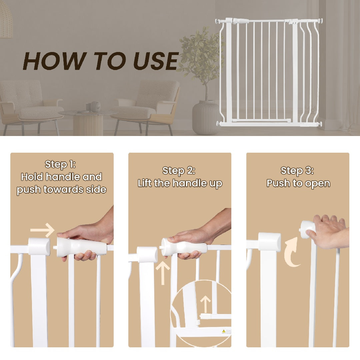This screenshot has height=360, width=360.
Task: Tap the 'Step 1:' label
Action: click(x=60, y=164)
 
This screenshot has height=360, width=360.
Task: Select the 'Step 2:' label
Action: click(x=179, y=171)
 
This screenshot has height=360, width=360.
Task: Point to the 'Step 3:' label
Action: click(x=297, y=171)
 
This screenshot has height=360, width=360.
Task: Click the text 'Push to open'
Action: click(x=298, y=183)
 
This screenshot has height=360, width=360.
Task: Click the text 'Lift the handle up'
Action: click(x=180, y=183)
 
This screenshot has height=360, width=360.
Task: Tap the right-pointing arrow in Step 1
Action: click(x=42, y=230)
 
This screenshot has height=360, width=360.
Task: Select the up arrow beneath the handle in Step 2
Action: click(x=163, y=273)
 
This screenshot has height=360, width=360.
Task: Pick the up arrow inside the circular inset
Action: click(x=206, y=304)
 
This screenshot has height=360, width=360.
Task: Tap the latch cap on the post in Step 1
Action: click(x=39, y=246)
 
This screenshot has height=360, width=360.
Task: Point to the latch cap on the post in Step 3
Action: click(x=269, y=241)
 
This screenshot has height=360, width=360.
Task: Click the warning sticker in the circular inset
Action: click(x=224, y=331)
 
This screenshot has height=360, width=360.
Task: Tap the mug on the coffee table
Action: click(x=95, y=106)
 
